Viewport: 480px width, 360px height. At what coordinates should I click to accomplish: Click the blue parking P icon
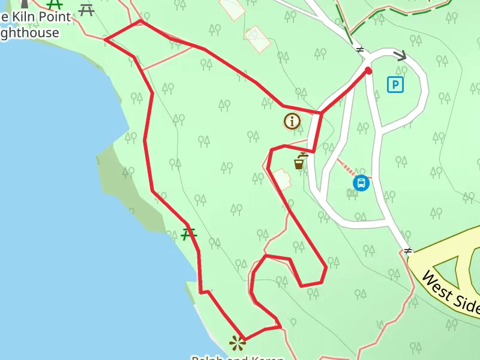[x=395, y=85]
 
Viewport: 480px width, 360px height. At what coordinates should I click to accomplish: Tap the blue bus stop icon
[x=361, y=183]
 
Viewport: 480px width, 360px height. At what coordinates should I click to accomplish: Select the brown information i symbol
[x=292, y=121]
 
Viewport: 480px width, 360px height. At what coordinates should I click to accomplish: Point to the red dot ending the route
[x=368, y=71]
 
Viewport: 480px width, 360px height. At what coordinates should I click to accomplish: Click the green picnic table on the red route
[x=189, y=234]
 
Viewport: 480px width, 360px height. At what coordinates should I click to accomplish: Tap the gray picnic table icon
[x=86, y=10]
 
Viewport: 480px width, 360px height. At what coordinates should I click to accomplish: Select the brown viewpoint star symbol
[x=238, y=343]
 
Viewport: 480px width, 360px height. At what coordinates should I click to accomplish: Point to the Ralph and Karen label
[x=238, y=358]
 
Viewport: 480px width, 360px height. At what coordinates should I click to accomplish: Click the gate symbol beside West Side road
[x=408, y=250]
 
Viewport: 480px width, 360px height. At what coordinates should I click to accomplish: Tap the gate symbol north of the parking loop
[x=360, y=50]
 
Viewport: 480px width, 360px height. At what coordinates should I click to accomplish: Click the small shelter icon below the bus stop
[x=352, y=193]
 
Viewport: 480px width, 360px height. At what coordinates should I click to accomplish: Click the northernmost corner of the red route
[x=140, y=21]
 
